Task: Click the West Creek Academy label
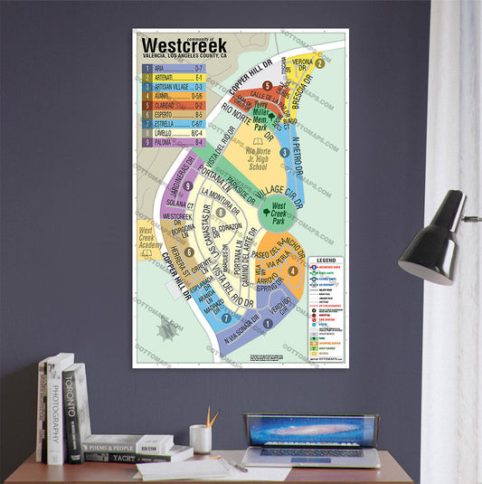(x=150, y=238)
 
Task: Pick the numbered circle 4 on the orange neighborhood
(x=293, y=270)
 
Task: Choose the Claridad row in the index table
(x=173, y=106)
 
